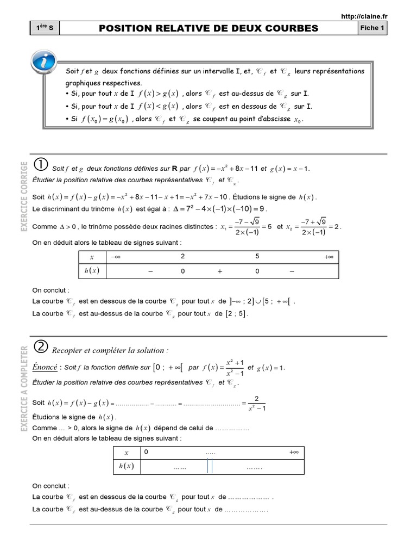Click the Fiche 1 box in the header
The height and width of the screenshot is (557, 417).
pos(372,28)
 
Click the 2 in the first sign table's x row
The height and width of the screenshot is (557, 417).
pos(183,256)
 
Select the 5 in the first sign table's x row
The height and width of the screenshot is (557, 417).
pos(257,256)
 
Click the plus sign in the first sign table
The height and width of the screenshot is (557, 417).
pos(220,271)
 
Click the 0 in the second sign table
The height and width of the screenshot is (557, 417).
pos(146,452)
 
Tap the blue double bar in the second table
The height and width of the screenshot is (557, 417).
pos(209,467)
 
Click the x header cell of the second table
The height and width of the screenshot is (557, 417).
pos(127,453)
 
